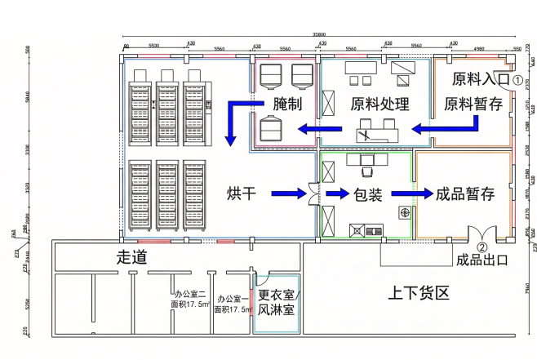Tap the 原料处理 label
click(x=379, y=104)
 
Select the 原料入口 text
click(x=477, y=80)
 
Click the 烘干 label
click(x=242, y=193)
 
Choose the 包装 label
click(x=368, y=193)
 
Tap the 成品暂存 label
click(x=465, y=193)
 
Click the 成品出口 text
click(x=482, y=260)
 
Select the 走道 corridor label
click(x=131, y=258)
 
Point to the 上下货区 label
click(x=419, y=292)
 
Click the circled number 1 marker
click(x=517, y=80)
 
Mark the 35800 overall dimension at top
click(x=322, y=33)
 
